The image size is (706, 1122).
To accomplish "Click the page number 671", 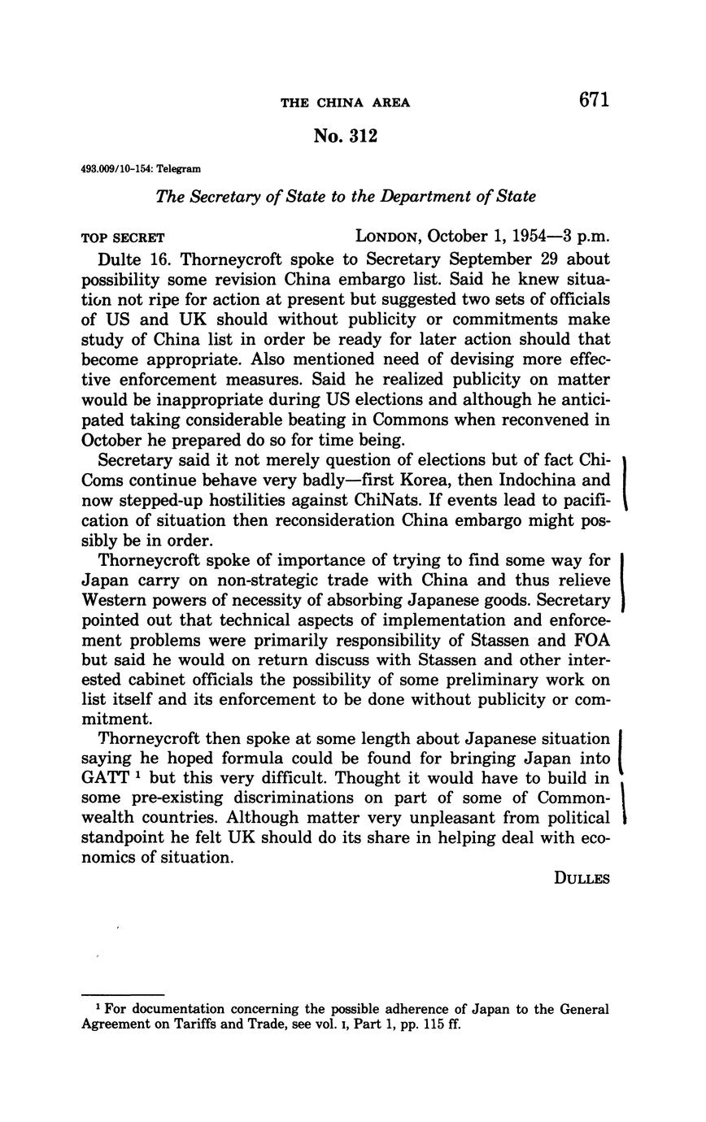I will (x=595, y=100).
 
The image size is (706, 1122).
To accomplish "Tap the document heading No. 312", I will (x=345, y=136).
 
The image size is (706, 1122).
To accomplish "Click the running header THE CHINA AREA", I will (x=345, y=102).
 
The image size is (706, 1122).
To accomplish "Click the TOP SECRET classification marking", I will (x=123, y=238).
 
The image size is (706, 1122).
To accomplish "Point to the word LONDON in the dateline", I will (x=387, y=237).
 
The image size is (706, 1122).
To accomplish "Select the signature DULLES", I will (x=582, y=878).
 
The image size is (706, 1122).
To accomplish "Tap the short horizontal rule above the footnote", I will (x=123, y=994).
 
